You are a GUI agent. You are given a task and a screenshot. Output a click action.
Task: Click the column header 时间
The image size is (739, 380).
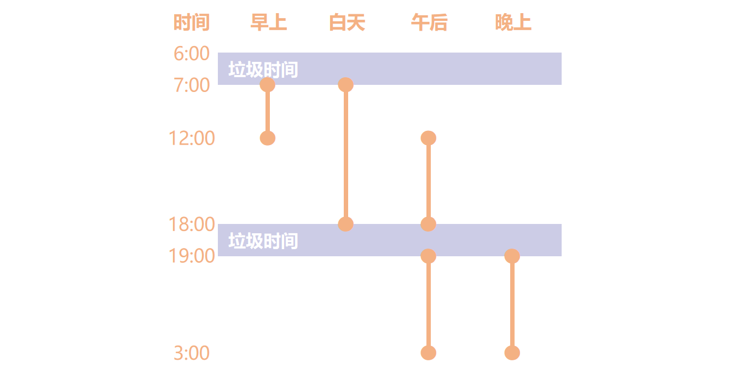tap(192, 22)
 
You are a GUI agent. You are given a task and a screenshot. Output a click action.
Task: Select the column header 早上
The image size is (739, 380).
tap(269, 22)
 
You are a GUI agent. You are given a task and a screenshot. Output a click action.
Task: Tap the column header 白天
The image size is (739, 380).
tap(347, 22)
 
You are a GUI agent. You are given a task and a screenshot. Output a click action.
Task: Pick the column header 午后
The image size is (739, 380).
tap(429, 22)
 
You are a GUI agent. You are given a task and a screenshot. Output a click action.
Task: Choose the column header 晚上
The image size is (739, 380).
tap(513, 22)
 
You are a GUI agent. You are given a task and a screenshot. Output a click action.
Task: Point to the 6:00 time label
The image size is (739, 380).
tap(192, 54)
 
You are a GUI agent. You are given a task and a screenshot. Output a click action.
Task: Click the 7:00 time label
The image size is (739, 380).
tap(192, 85)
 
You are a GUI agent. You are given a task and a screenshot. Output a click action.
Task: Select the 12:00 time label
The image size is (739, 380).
tap(192, 138)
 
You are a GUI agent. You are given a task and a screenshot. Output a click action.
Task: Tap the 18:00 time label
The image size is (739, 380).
tap(192, 224)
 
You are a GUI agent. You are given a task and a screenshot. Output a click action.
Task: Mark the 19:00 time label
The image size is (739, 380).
tap(192, 256)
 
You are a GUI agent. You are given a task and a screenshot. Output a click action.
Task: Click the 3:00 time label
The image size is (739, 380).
tap(192, 353)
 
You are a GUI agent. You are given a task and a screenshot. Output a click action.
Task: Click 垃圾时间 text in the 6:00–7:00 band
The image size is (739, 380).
tap(263, 70)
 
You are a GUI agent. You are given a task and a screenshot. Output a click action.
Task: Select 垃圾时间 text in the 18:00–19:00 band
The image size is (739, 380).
tap(263, 241)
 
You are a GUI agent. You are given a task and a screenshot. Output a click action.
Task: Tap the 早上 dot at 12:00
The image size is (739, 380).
tap(268, 138)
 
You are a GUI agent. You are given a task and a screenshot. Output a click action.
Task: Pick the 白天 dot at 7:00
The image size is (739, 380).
tap(346, 85)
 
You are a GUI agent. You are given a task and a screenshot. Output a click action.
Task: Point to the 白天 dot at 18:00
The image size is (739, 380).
tap(346, 224)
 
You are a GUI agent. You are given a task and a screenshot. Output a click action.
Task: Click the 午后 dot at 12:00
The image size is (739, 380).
tap(429, 138)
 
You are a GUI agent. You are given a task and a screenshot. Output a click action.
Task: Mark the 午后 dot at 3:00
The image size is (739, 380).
tap(429, 353)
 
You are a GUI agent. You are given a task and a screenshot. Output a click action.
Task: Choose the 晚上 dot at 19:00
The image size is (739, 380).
tap(512, 256)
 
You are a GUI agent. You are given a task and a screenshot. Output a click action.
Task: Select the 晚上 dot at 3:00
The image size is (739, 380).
tap(512, 353)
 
